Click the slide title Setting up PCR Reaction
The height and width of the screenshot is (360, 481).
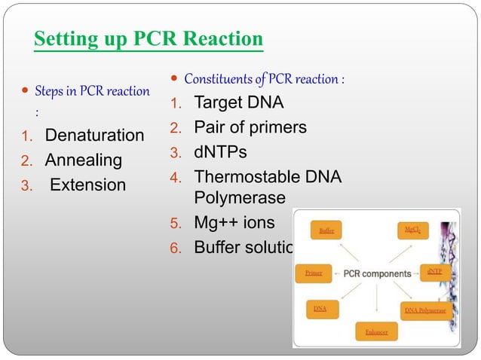coord(149,38)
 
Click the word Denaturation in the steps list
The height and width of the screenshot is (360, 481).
coord(94,136)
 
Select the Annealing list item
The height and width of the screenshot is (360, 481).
coord(83,160)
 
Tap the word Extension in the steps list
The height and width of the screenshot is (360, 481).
coord(87,185)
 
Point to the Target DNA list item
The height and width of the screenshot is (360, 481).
coord(239,103)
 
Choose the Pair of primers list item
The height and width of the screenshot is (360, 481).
coord(250,127)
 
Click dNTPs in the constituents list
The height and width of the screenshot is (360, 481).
coord(220,152)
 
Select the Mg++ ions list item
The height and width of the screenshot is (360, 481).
coord(234,223)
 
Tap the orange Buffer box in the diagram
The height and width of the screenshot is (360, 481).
coord(326,230)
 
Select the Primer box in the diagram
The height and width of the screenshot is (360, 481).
coord(314,273)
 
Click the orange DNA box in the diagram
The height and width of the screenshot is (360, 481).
coord(320,309)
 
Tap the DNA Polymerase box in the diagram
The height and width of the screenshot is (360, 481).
coord(425,310)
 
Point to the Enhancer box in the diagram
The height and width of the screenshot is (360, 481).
coord(376,331)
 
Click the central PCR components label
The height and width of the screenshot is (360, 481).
coord(377,273)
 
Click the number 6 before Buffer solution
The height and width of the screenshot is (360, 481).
coord(175,248)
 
